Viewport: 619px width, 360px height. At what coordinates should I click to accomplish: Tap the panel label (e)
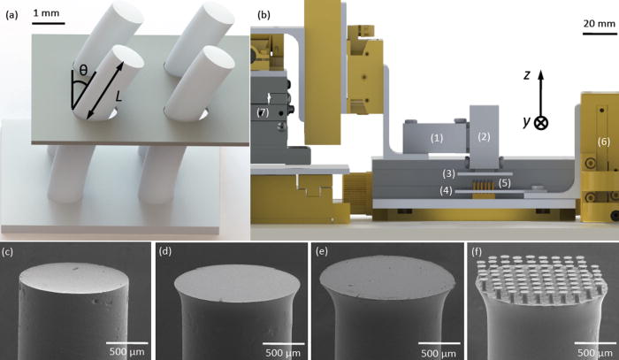(322, 253)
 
